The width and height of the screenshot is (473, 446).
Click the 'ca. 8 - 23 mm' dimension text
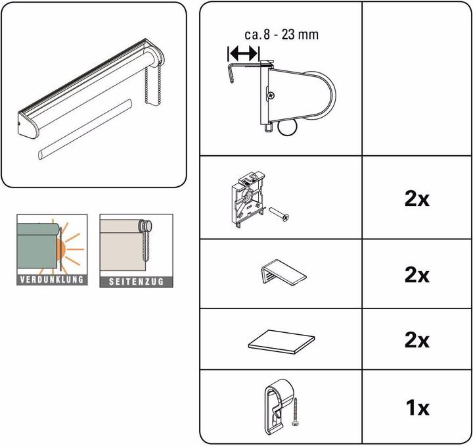[x=280, y=34]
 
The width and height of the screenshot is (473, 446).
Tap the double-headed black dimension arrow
[x=243, y=54]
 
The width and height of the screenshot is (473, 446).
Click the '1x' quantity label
[x=417, y=408]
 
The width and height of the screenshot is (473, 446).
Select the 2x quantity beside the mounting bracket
[x=417, y=199]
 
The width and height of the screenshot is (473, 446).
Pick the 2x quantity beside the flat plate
[x=417, y=340]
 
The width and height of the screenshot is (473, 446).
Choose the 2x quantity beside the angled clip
[x=417, y=274]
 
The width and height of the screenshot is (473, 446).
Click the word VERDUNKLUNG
[x=51, y=280]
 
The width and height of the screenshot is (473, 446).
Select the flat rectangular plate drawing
[x=281, y=340]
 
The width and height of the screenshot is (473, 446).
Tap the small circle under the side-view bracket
[x=289, y=130]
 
